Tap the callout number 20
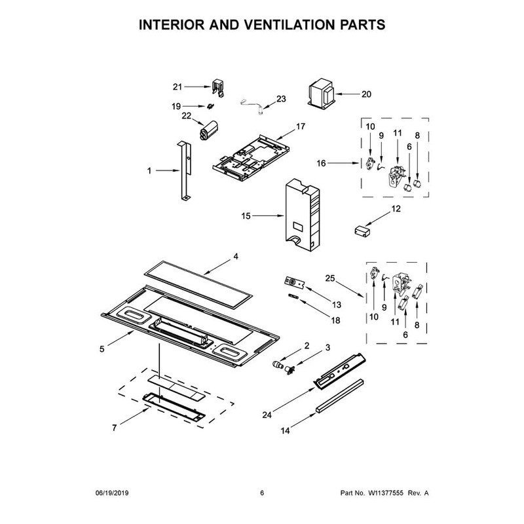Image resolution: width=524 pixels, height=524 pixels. point(366,94)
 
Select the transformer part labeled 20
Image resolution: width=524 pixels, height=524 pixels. point(321,93)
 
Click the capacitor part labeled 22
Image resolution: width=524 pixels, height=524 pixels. point(208,130)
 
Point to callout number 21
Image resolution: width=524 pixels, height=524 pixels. point(177,87)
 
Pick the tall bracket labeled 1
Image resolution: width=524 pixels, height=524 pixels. point(185,170)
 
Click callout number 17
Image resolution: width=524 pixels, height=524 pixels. point(301,126)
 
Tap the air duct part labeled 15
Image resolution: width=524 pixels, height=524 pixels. point(303,215)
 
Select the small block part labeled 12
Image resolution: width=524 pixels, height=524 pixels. point(362,231)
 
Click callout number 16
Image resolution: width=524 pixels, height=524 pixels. point(321,163)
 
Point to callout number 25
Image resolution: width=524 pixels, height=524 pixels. point(330,278)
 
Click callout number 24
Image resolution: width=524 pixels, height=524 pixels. point(267,415)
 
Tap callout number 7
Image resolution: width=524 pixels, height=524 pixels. point(114,428)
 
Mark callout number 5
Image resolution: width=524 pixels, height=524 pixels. point(102,349)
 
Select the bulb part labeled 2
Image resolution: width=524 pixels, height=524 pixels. point(277,364)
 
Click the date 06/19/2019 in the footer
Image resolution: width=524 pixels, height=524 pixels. point(112,493)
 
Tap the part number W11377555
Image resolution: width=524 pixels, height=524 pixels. point(386,493)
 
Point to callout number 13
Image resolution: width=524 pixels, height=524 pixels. point(337,305)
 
